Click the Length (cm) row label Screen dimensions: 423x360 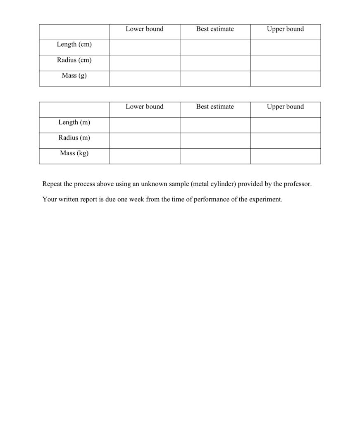click(x=74, y=45)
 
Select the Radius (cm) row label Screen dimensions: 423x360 click(x=74, y=60)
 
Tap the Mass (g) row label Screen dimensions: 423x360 click(x=74, y=76)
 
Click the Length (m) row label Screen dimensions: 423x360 click(x=74, y=122)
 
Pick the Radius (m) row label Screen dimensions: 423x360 click(x=74, y=138)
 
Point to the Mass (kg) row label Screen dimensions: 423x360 click(x=74, y=153)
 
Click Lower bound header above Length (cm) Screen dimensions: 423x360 click(x=145, y=29)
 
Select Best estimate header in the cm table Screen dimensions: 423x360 click(x=215, y=29)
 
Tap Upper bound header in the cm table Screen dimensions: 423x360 click(x=285, y=29)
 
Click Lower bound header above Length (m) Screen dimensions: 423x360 click(x=145, y=107)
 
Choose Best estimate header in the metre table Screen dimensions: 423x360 click(x=215, y=107)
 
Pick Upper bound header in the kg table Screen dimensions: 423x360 click(x=285, y=107)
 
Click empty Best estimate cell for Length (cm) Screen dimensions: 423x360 click(x=215, y=48)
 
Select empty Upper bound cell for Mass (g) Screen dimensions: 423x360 click(x=285, y=78)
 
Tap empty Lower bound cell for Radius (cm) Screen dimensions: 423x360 click(x=145, y=63)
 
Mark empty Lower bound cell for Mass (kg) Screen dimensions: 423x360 click(x=145, y=156)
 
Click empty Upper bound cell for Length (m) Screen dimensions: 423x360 click(x=285, y=125)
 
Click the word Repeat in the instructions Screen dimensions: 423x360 click(x=52, y=184)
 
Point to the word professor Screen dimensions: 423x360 click(x=296, y=184)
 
